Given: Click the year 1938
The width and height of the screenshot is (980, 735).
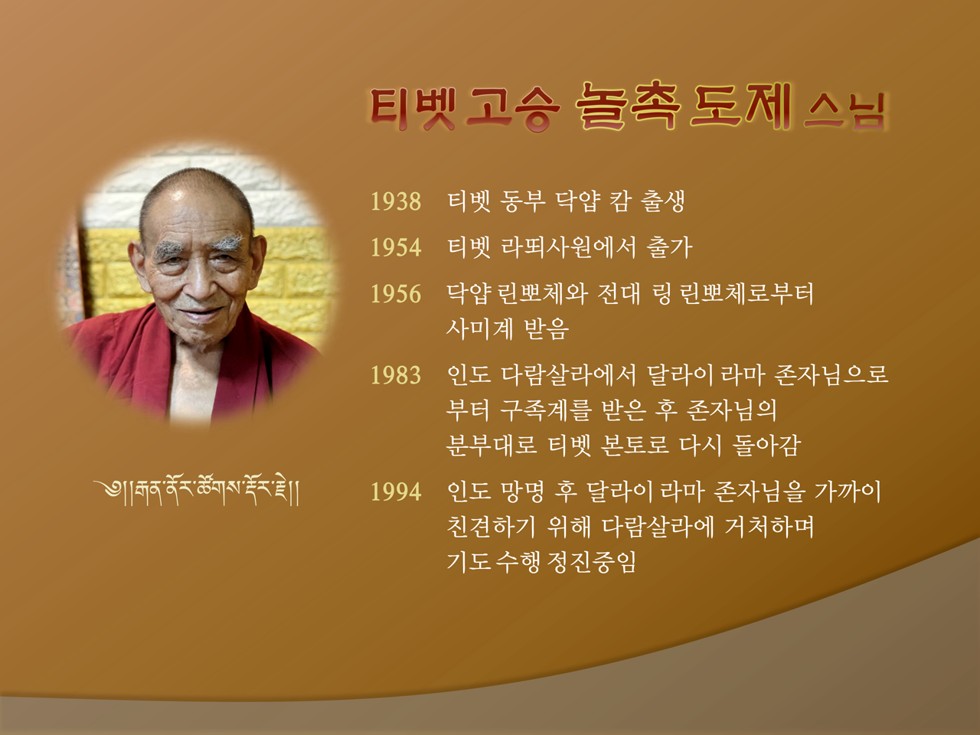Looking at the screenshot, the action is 396,201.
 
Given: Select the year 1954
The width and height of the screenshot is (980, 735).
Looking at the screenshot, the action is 396,247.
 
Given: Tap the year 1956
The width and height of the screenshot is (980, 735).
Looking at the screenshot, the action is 396,294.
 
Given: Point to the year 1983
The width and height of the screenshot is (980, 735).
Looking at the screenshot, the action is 396,375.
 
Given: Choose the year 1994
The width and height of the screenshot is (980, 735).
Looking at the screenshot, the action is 396,492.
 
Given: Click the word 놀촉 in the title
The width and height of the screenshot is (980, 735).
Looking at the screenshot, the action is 627,107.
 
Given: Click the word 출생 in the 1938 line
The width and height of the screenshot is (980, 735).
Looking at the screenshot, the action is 662,201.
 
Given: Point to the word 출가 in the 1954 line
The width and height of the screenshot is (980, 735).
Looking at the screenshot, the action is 669,247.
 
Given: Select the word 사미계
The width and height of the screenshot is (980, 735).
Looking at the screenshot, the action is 479,329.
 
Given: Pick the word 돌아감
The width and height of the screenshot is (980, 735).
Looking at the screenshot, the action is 766,445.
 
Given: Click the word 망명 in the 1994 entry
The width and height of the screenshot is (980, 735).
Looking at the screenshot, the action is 522,492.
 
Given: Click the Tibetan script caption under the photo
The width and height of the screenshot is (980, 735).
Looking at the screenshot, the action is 197,492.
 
